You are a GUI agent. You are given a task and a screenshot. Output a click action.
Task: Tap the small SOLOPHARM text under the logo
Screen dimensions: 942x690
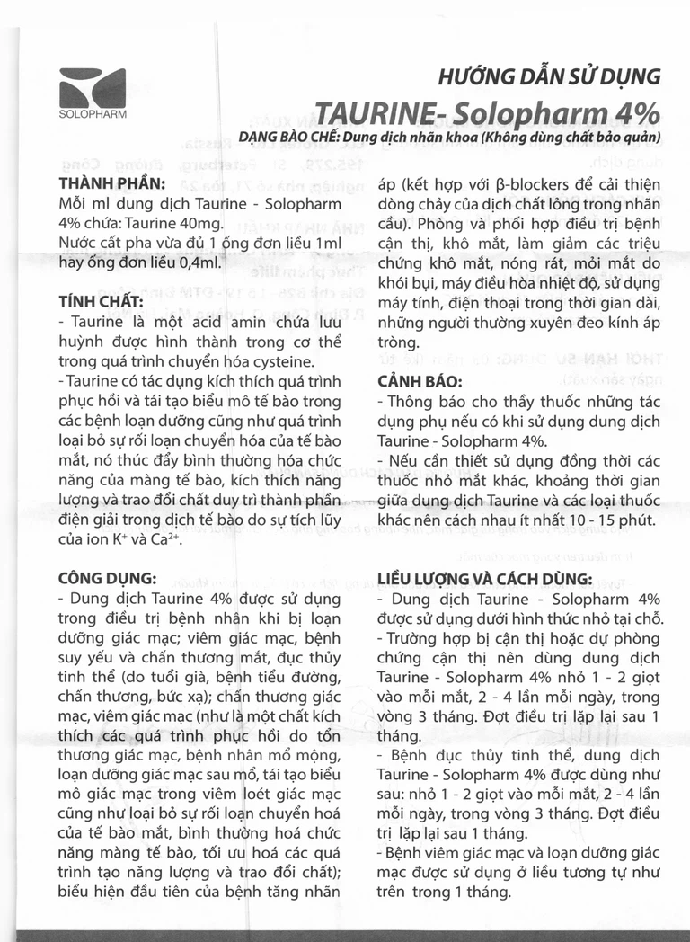tap(92, 115)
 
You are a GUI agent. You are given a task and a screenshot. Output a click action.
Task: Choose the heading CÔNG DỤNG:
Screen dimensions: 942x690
tap(106, 575)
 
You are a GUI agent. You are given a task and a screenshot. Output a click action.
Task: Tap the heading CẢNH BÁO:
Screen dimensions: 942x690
tap(420, 380)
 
